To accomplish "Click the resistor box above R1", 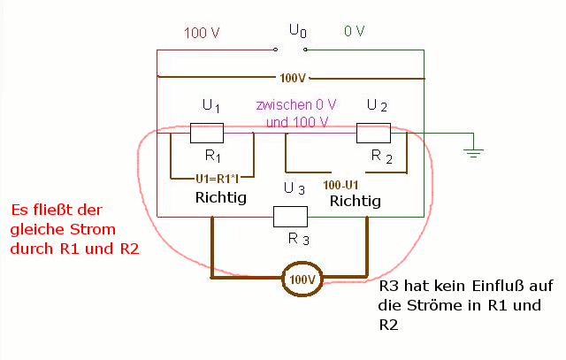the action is coord(207,133).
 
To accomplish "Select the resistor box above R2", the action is coord(373,133).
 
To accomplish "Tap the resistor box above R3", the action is coord(291,217).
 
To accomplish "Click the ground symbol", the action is coord(474,152).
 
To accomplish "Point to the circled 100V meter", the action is coord(302,279).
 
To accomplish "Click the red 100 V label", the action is coord(202,33).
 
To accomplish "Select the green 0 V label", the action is coord(354,31).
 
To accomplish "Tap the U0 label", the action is coord(298,31).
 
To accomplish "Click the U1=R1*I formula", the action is coord(218,179).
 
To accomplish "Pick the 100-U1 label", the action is coord(340,185).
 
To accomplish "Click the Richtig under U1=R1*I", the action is coord(221,197).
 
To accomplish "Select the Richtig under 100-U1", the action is coord(356,201).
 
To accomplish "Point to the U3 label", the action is coord(294,188).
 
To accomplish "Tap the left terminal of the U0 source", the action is coord(275,50).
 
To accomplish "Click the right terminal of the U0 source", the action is coord(305,50).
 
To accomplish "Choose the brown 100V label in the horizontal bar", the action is coord(293,78).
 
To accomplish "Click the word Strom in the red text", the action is coord(93,229).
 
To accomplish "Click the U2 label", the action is coord(377,105).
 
